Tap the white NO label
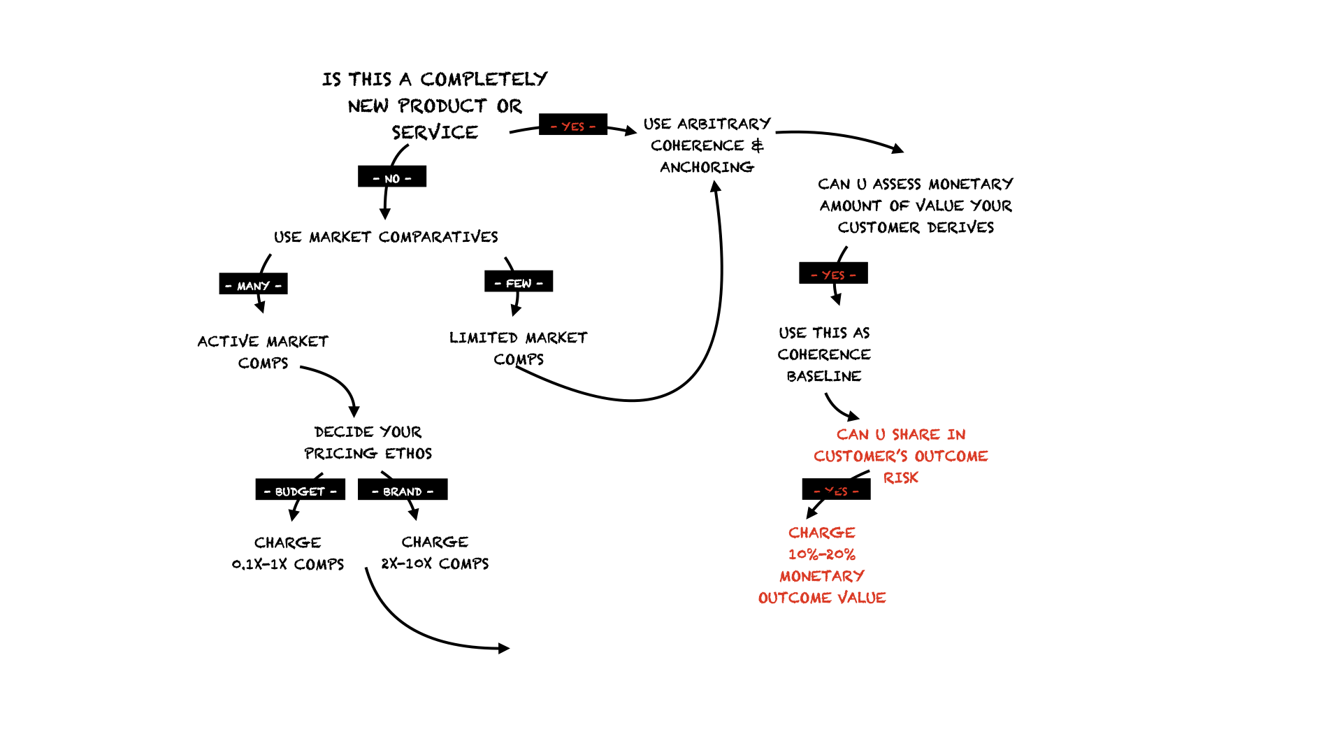392,179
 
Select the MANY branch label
253,286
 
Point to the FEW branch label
519,283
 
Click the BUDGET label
300,491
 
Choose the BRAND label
403,491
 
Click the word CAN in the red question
853,435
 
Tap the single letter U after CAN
880,435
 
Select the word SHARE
916,435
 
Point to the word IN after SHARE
956,435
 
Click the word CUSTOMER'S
860,456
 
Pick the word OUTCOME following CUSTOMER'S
951,456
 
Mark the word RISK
901,478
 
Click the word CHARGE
822,533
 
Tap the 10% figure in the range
802,554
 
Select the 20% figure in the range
841,554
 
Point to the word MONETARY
822,576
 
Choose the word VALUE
862,598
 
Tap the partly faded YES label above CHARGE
836,491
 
